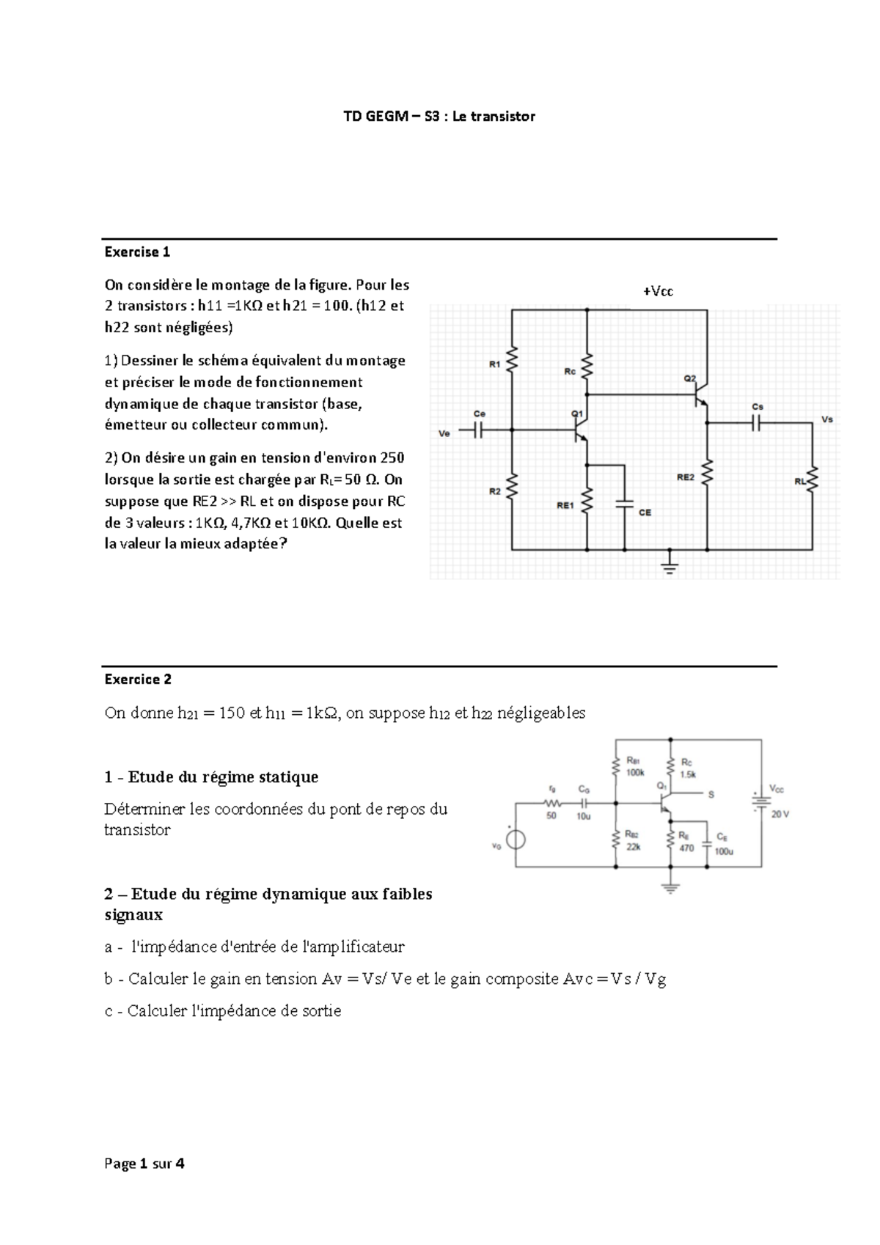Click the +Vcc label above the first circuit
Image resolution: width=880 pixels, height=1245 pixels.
coord(658,292)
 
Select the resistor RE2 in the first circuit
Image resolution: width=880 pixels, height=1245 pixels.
coord(708,473)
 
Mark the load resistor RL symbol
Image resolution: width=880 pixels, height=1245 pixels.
coord(813,480)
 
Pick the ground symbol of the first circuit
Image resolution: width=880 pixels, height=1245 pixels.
coord(669,565)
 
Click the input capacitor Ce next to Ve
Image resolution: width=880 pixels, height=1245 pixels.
coord(479,430)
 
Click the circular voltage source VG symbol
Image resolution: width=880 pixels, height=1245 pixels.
coord(516,839)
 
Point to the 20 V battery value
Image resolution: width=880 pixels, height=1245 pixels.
coord(780,814)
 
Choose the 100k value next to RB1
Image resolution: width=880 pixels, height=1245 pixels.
coord(635,772)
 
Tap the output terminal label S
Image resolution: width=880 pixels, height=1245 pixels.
coord(711,794)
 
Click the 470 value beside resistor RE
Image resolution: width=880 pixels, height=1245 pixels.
coord(686,848)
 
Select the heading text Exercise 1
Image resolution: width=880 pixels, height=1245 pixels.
coord(137,252)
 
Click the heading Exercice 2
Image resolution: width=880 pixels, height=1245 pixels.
coord(138,679)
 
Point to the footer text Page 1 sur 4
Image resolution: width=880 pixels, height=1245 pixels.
coord(144,1163)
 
